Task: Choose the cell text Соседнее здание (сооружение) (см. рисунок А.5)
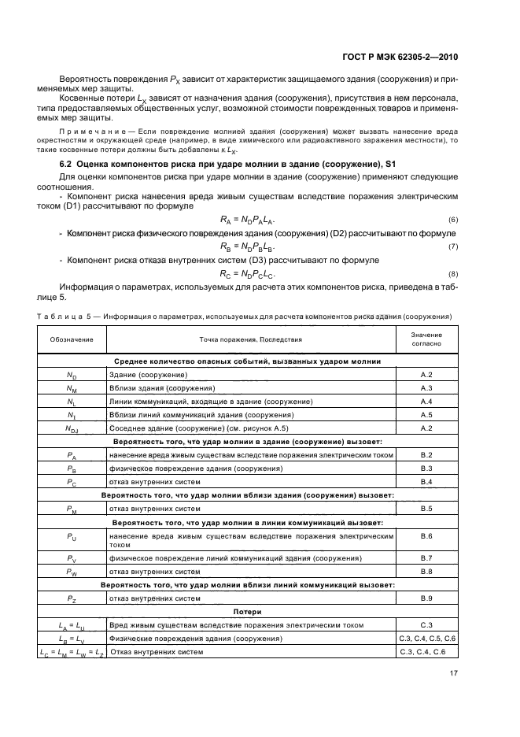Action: [x=199, y=428]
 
